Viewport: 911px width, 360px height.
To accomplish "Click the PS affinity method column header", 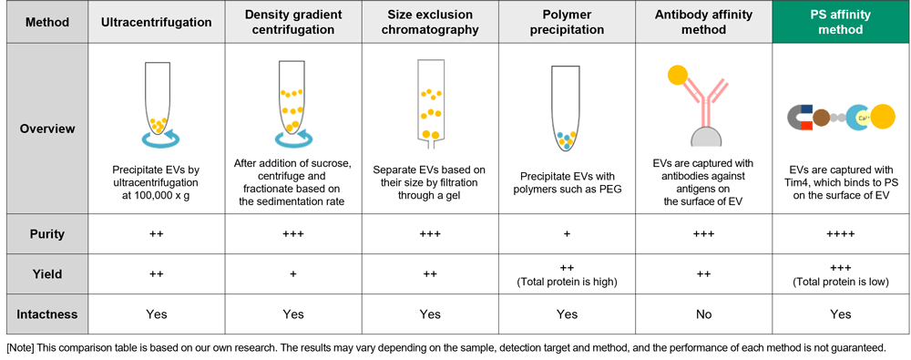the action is (x=840, y=22).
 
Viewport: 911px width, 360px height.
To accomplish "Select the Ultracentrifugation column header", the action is (x=157, y=23).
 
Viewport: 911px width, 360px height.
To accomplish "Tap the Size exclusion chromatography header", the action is (x=430, y=22).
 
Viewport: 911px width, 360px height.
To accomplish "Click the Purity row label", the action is (x=47, y=234).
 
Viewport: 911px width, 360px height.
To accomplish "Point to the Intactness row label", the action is (x=47, y=314).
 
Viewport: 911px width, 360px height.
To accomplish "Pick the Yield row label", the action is (x=47, y=274).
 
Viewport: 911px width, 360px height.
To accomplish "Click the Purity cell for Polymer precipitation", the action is (x=567, y=234).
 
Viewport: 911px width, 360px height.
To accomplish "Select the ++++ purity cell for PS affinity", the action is (x=840, y=234).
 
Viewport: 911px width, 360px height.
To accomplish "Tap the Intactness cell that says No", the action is (x=703, y=314).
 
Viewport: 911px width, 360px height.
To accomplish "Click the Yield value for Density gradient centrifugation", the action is (x=293, y=274).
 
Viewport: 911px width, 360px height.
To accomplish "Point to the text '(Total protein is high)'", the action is (x=567, y=282).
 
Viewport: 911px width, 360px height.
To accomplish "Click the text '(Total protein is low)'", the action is (x=840, y=282).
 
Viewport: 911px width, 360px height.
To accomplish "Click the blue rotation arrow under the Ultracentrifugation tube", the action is (x=160, y=139).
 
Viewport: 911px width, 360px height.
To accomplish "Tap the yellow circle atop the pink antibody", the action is (x=678, y=75).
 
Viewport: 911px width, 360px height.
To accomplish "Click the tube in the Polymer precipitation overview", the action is (x=566, y=107).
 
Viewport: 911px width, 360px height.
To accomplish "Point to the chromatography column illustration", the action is (x=430, y=102).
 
